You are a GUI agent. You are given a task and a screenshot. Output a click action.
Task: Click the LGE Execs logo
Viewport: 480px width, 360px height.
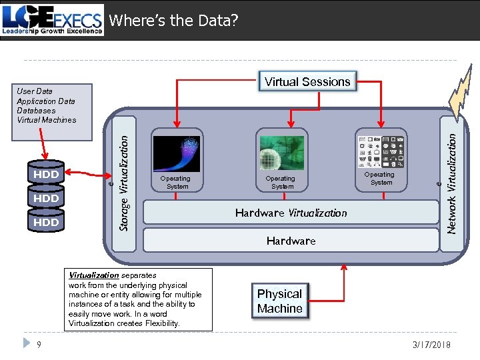coord(53,20)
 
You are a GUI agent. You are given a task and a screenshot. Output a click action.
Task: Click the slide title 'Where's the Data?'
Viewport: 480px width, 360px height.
coord(173,21)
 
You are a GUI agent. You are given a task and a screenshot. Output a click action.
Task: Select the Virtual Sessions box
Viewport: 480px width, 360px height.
coord(307,82)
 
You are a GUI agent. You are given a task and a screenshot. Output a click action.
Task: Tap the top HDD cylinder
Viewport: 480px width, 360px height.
coord(46,174)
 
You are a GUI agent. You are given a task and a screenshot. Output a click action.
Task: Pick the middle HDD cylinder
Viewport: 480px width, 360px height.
coord(46,198)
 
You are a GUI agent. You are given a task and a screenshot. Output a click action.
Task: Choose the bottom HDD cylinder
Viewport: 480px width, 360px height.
coord(46,222)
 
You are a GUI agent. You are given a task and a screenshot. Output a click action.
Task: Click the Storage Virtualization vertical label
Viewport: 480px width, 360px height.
coord(123,174)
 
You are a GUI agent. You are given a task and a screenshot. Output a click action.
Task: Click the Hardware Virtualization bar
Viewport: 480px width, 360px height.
coord(291,213)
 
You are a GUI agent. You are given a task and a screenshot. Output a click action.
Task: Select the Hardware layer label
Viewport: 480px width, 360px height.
coord(291,241)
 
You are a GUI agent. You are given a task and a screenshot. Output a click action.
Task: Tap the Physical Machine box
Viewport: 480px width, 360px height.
coord(280,301)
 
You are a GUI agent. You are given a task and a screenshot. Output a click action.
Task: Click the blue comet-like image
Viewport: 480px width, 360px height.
coord(177,154)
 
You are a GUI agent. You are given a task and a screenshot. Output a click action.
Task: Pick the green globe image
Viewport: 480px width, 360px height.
coord(281,153)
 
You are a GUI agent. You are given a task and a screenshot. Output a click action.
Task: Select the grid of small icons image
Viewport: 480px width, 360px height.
coord(381,151)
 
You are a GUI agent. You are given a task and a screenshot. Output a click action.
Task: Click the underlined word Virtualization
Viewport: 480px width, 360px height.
coord(94,275)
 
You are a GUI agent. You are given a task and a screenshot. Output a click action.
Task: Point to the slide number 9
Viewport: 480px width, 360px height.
coord(39,345)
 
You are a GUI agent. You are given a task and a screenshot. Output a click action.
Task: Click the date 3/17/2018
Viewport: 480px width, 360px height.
coord(433,345)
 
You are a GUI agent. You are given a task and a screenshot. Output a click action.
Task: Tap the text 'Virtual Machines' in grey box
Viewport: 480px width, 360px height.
coord(47,120)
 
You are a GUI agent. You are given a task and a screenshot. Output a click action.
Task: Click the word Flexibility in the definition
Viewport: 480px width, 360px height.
coord(157,323)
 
